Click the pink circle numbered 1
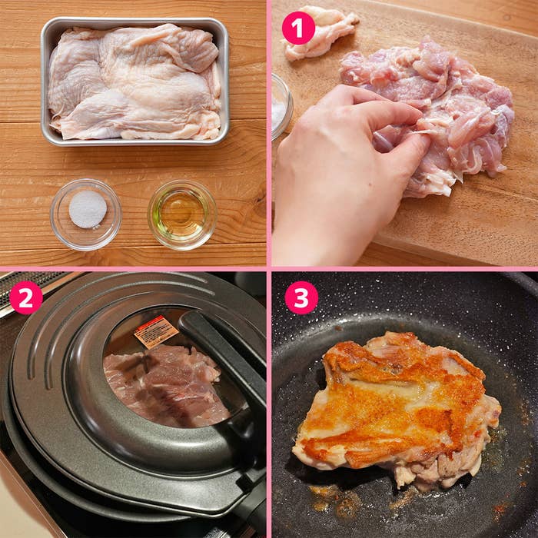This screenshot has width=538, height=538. [298, 28]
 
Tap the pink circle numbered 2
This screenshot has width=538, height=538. [26, 297]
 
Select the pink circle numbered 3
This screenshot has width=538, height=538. [301, 297]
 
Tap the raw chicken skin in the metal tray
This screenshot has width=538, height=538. [134, 81]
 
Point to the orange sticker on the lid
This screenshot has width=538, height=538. [156, 331]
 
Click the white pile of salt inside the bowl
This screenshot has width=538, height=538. [88, 208]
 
